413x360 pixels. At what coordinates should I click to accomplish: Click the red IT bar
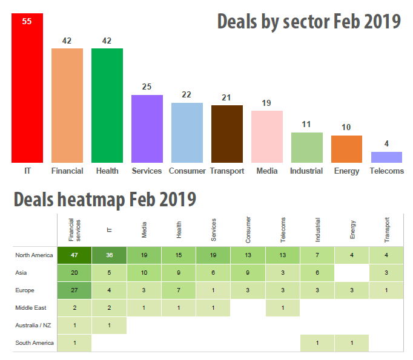click(x=27, y=91)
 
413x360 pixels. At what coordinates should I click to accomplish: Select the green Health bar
click(x=107, y=106)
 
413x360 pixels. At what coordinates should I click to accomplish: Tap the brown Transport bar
click(x=227, y=134)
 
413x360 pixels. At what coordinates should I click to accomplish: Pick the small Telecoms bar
click(x=386, y=157)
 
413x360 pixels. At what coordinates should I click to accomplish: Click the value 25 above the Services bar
click(x=147, y=87)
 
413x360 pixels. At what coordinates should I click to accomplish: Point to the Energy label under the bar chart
click(x=346, y=171)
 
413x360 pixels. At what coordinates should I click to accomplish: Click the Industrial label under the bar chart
click(x=306, y=171)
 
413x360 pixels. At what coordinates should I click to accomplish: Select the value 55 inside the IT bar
click(x=27, y=21)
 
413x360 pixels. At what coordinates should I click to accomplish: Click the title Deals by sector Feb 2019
click(x=309, y=22)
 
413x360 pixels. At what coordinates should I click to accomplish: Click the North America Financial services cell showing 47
click(x=74, y=255)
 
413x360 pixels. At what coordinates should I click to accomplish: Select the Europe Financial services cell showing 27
click(x=74, y=290)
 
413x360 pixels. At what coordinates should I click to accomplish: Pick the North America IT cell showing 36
click(x=109, y=255)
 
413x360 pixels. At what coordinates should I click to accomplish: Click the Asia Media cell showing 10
click(x=144, y=273)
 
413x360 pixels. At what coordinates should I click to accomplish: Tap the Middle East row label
click(x=31, y=308)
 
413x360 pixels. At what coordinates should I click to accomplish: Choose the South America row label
click(x=35, y=343)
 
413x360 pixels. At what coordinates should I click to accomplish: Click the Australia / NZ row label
click(x=34, y=326)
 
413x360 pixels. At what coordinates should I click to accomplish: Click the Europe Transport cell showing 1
click(x=386, y=290)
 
